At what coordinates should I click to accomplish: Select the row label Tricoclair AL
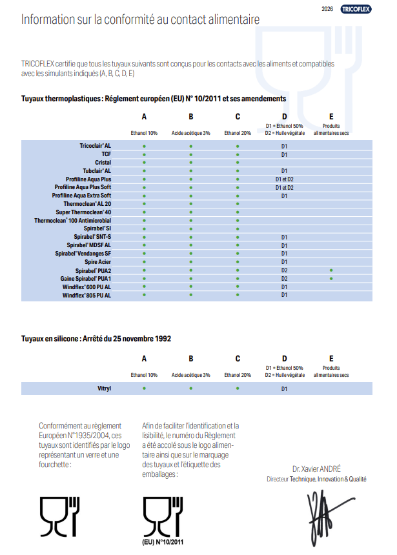point(96,146)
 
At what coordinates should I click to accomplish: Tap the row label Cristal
point(103,163)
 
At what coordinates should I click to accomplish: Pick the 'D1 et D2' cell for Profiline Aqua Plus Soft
point(284,187)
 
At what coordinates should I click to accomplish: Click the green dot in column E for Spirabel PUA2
point(331,270)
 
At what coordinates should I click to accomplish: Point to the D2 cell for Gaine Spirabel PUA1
point(284,278)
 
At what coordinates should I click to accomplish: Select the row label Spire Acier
point(98,261)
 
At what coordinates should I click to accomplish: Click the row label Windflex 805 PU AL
point(87,295)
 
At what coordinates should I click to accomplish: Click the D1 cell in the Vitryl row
point(284,389)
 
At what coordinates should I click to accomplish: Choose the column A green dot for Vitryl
point(144,388)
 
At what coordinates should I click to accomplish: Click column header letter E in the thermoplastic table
point(331,117)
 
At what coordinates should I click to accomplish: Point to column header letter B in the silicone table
point(191,359)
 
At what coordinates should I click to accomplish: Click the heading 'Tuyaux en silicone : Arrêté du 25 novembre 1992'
point(96,338)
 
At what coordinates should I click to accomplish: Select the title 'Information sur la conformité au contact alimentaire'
point(141,20)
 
